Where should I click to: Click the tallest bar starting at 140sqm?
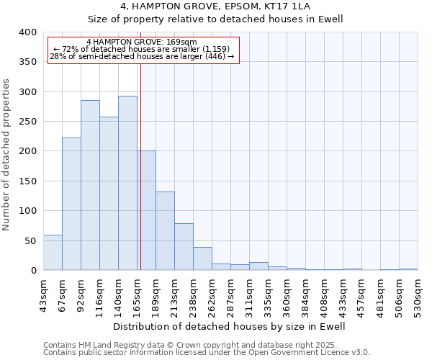click(x=127, y=184)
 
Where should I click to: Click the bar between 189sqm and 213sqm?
click(x=165, y=231)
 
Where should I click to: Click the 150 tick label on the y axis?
click(x=27, y=181)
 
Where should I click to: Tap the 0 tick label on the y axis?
click(x=33, y=271)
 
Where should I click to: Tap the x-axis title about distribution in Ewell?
click(x=230, y=327)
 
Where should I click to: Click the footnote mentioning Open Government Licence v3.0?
click(x=207, y=353)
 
